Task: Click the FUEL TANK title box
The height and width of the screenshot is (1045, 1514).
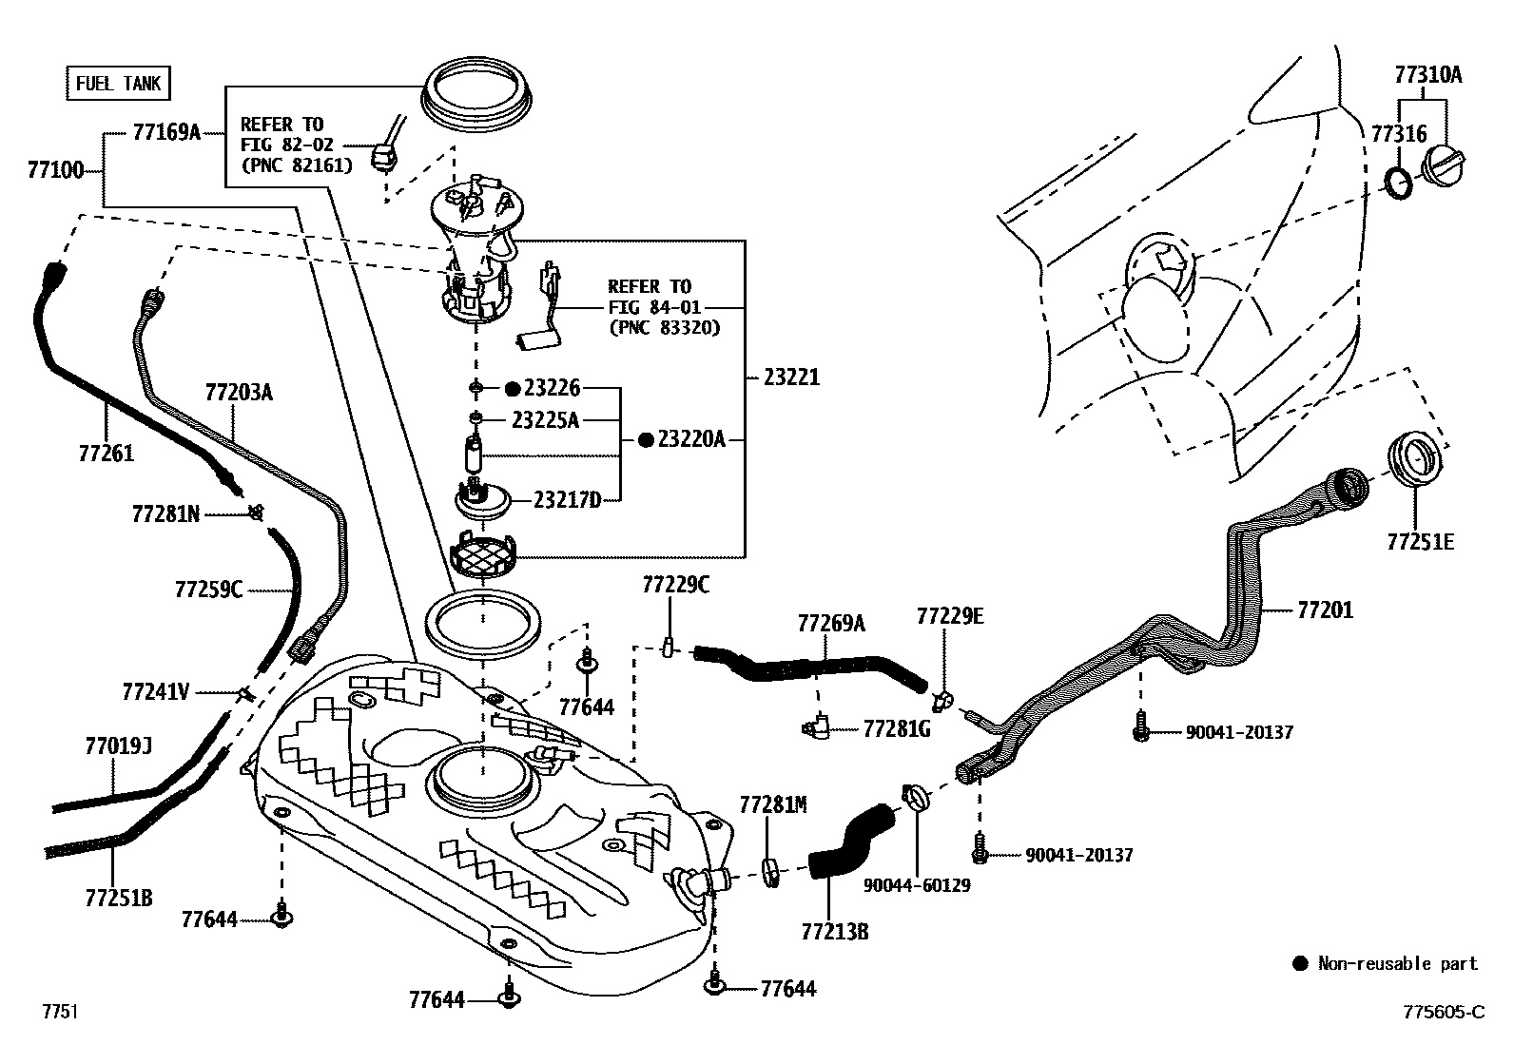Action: [119, 84]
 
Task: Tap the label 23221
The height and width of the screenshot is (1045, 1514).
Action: [791, 377]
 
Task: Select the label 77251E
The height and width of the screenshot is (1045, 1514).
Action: [1420, 542]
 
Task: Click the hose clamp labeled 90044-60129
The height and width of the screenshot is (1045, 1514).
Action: [915, 796]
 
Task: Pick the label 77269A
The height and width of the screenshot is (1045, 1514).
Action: [831, 623]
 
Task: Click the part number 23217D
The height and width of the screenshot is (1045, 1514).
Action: [568, 498]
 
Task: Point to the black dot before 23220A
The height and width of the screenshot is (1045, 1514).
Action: [646, 439]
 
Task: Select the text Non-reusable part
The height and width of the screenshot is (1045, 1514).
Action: [1397, 963]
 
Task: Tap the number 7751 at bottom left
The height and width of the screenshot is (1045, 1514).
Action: [58, 1012]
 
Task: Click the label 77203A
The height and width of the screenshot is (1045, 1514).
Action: [239, 392]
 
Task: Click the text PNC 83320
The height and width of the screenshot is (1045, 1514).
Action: [664, 327]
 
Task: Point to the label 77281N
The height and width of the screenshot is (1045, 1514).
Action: [165, 514]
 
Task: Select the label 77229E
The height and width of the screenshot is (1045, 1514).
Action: [950, 616]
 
